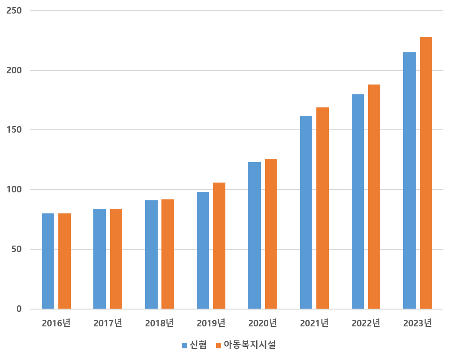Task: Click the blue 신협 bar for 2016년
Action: (48, 261)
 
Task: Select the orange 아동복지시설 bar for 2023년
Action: (426, 173)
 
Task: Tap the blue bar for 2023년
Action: (409, 180)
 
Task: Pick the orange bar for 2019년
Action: (219, 246)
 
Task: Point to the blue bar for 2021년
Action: (306, 212)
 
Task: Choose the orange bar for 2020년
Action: (271, 233)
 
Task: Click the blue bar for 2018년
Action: (151, 254)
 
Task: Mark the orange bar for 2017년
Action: (116, 259)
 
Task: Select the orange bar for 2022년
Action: (374, 197)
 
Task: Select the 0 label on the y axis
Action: (19, 309)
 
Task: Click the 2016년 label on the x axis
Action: (56, 323)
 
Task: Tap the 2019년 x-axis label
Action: (211, 323)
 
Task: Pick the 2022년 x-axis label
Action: (366, 323)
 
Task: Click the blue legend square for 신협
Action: (184, 346)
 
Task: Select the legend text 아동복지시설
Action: (250, 346)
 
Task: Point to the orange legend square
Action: (218, 346)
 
